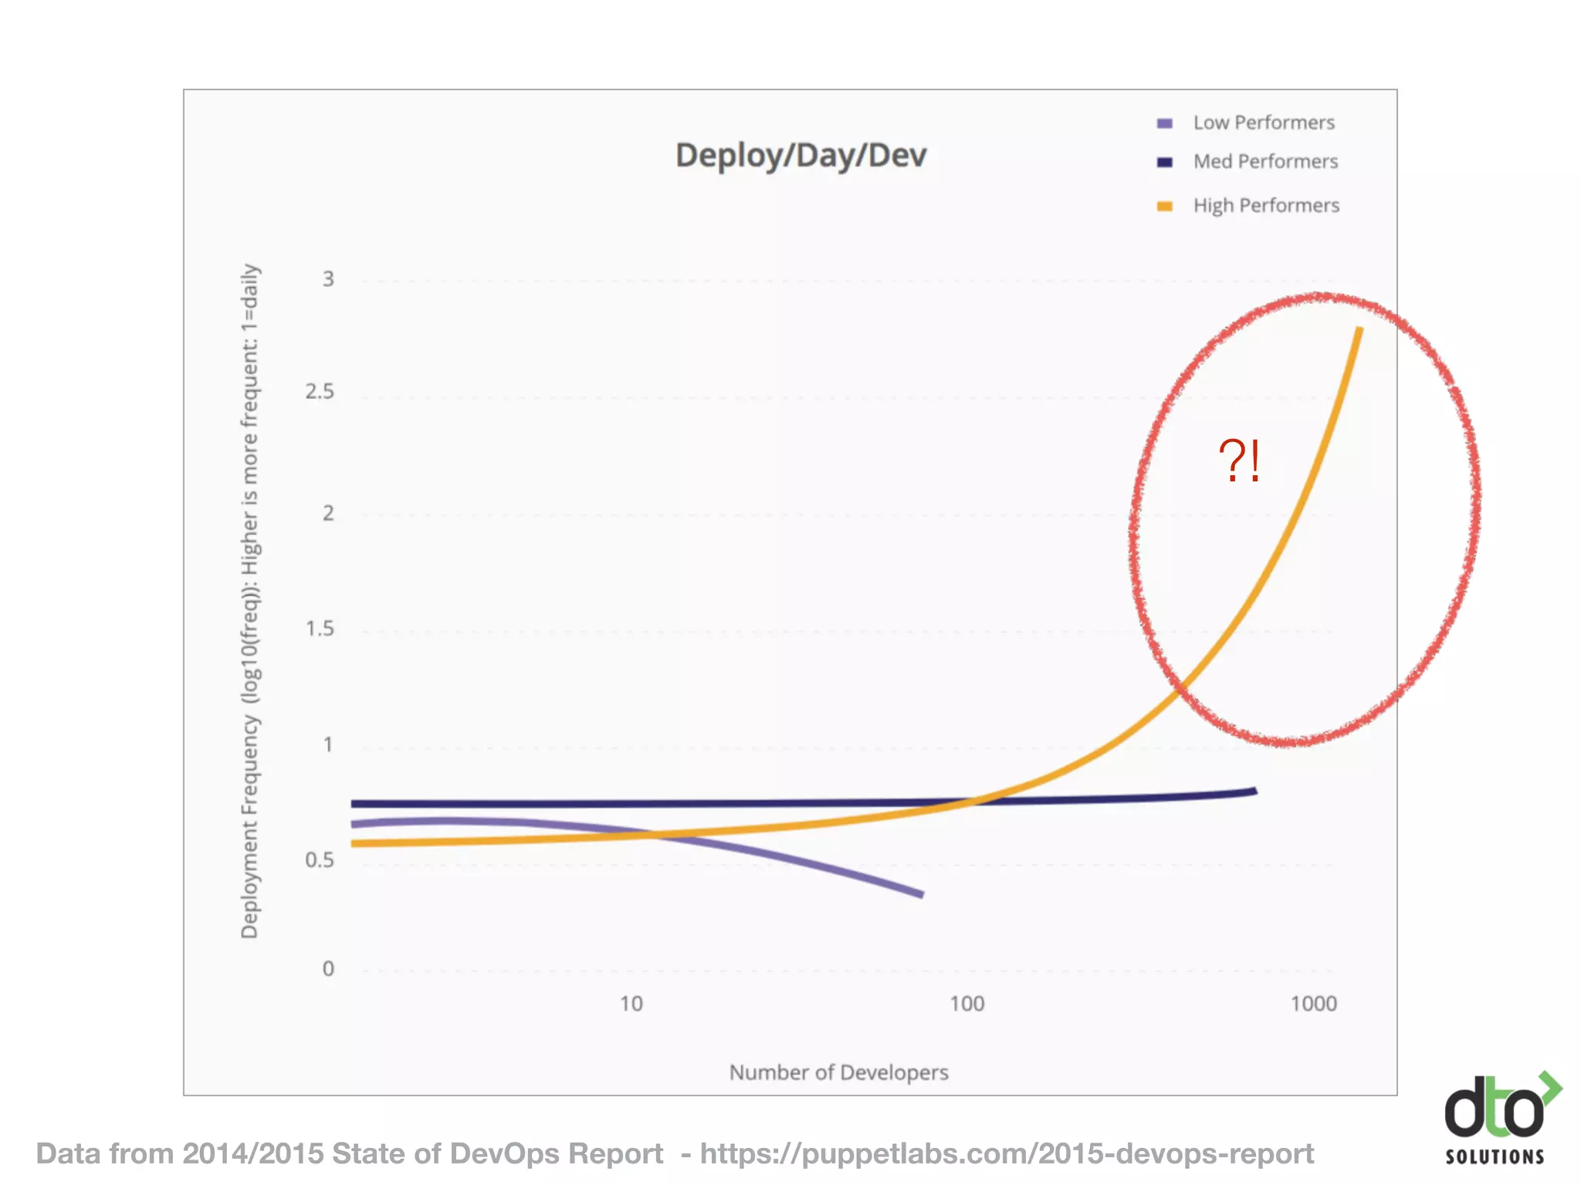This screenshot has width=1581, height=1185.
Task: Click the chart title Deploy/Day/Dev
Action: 801,155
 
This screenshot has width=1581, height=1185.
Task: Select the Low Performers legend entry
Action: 1263,123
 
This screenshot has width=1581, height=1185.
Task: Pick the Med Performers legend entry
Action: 1264,161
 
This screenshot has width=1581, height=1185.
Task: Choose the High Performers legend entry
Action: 1265,205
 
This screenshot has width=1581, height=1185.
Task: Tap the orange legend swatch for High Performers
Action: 1165,206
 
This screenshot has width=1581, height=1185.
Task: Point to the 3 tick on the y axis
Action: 328,279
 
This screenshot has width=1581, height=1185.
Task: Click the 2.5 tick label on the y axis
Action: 320,392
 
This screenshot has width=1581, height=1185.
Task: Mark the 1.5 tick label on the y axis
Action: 320,629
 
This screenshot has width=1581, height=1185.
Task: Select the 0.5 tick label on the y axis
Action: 320,860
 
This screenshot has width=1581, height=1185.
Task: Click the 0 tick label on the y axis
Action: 328,969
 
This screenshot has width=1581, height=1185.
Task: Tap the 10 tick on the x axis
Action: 631,1004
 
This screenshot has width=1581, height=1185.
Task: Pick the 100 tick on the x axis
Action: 967,1004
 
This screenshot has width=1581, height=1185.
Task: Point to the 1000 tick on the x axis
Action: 1313,1004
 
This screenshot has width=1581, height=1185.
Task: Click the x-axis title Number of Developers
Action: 838,1072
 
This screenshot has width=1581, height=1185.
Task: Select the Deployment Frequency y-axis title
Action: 249,602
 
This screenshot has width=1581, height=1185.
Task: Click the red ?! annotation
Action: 1239,461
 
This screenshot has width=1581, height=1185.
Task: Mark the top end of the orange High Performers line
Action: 1359,329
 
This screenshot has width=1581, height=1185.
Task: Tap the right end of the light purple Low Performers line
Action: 921,894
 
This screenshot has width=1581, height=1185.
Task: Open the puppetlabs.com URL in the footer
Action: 1007,1154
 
